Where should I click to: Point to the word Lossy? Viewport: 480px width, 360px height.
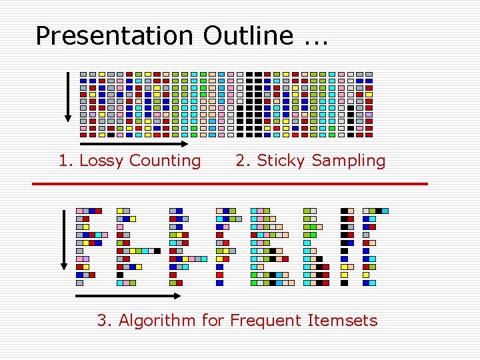click(x=100, y=161)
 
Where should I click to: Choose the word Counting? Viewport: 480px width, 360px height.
click(x=165, y=161)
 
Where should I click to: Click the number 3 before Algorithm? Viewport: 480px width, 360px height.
click(x=104, y=321)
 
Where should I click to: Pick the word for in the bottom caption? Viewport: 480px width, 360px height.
click(x=213, y=321)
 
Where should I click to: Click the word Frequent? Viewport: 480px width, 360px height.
click(x=265, y=321)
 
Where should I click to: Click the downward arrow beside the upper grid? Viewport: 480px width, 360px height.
click(x=67, y=97)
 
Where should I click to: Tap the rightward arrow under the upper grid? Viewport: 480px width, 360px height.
click(x=134, y=143)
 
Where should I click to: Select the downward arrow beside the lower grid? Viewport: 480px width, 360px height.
click(x=65, y=240)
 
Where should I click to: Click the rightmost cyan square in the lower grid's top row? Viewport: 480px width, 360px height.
click(x=385, y=211)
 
